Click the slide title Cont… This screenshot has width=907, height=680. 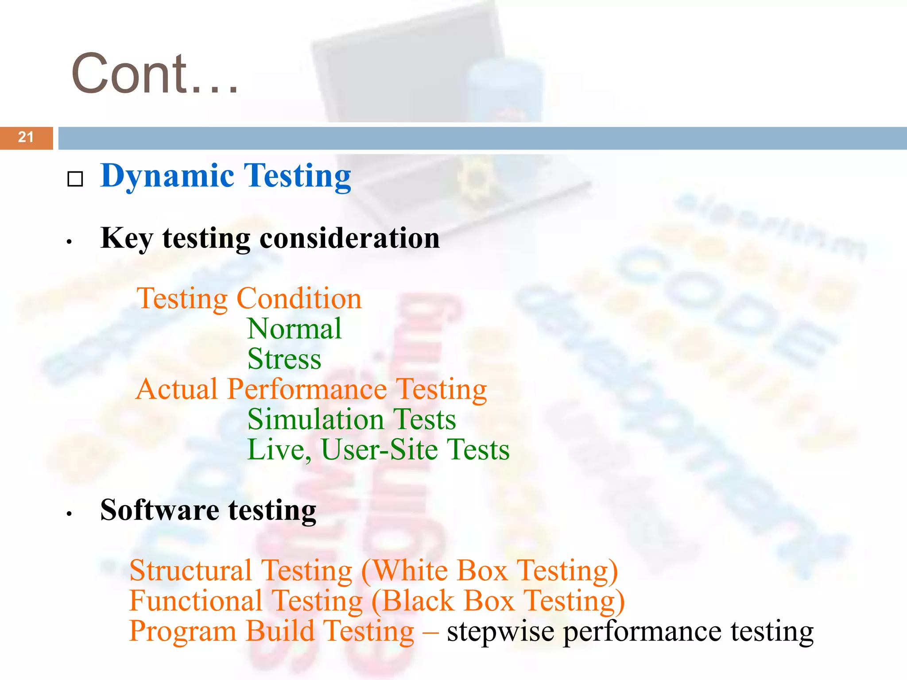[x=155, y=74]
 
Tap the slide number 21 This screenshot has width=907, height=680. [x=26, y=137]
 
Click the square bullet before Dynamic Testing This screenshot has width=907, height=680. [x=75, y=179]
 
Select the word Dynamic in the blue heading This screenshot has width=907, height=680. [x=167, y=177]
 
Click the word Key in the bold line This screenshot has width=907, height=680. [x=127, y=239]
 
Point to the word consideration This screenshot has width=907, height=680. [x=349, y=239]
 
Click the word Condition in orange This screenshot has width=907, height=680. [x=299, y=298]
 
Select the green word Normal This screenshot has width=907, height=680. [x=295, y=329]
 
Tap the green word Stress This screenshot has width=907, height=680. [x=284, y=359]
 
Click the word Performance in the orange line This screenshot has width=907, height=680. [x=307, y=390]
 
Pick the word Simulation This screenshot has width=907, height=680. [x=315, y=420]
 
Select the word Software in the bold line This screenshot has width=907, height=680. [x=159, y=510]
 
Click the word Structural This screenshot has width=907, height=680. [x=190, y=571]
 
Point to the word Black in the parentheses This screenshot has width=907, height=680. [x=418, y=601]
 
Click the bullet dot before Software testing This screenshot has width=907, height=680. [x=69, y=514]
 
